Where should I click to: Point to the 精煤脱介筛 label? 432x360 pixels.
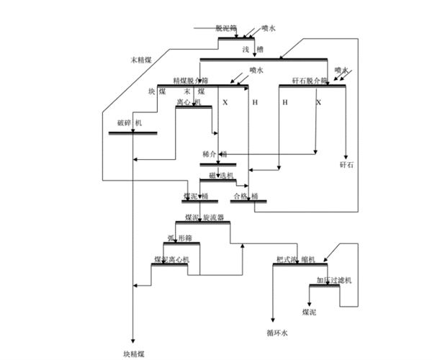191,81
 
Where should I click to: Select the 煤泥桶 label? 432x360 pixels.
195,196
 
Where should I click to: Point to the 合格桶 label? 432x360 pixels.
244,196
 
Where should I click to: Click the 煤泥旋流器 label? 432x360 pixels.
204,217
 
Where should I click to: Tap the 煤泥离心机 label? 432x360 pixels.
171,259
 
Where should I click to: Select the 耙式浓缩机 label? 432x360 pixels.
296,259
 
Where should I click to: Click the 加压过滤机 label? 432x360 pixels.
333,279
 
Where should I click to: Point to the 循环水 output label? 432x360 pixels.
276,333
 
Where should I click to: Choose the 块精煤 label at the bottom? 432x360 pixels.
134,354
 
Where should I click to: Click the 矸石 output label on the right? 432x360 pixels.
347,166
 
